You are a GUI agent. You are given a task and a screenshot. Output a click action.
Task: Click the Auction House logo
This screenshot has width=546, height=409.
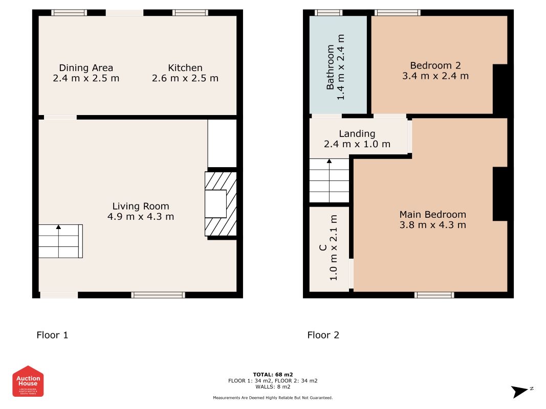tap(28, 381)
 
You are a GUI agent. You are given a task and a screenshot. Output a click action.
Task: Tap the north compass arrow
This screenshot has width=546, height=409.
tap(521, 392)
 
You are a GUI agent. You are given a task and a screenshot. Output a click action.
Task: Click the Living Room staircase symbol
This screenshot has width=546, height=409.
tap(60, 241)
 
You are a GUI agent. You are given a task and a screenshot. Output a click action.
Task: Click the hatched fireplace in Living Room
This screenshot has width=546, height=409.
tap(221, 204)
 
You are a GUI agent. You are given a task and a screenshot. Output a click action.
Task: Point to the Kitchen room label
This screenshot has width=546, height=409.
tap(185, 67)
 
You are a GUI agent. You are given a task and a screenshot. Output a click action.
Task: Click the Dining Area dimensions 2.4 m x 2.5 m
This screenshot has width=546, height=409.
tap(86, 79)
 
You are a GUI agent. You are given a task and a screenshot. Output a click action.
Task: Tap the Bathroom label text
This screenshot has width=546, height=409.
tap(331, 67)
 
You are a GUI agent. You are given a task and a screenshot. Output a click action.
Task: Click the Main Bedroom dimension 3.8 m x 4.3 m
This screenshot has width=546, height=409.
tap(433, 225)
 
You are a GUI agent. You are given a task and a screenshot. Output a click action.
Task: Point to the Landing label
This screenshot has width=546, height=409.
tap(357, 134)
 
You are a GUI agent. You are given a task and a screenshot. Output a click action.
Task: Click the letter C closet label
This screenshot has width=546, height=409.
tap(323, 248)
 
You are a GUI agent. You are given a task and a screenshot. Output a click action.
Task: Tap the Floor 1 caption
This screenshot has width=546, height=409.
tap(52, 335)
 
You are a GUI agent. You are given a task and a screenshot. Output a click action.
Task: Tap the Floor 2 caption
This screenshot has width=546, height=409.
tap(323, 335)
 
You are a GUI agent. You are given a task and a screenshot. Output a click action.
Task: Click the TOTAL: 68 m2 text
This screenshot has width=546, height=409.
tap(273, 375)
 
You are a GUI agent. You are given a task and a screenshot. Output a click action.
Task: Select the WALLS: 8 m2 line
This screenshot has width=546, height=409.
tap(273, 387)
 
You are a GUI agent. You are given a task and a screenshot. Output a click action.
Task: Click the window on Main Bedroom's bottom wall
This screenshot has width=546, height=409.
tap(434, 295)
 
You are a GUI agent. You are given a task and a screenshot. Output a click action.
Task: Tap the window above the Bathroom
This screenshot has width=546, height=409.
tap(329, 13)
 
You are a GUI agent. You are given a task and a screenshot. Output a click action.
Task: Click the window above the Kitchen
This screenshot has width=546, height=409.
tap(190, 13)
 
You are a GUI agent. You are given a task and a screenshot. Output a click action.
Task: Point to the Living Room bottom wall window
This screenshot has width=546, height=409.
tap(158, 295)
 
